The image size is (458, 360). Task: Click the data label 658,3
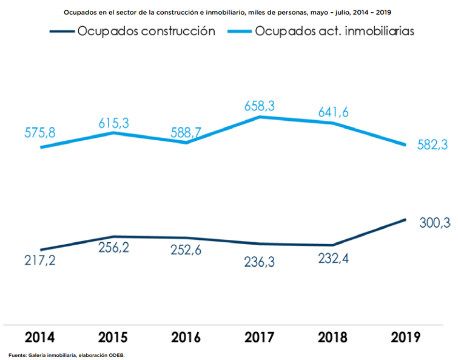pos(260,106)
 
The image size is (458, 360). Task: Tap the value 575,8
pos(40,134)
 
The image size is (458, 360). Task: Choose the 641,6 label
pos(332,112)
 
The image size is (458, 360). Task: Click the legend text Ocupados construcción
pos(146,32)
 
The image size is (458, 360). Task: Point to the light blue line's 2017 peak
pos(260,116)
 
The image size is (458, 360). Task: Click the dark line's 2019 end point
pos(405,219)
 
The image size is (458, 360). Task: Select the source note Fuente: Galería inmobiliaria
pos(66,355)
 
